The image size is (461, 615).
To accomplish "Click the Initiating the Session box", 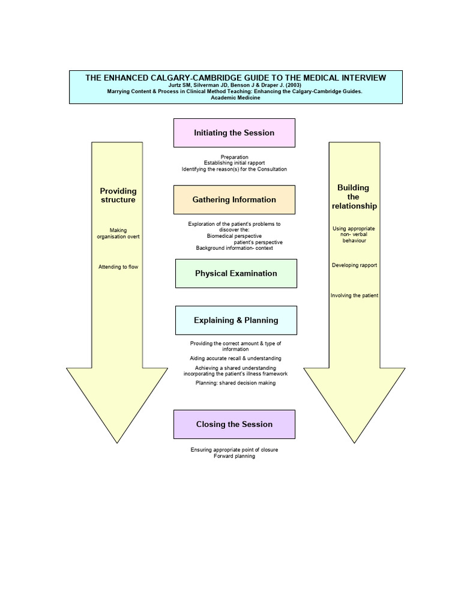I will coord(234,133).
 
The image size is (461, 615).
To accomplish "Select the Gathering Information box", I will coord(234,199).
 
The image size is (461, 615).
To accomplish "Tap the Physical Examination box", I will coord(236,273).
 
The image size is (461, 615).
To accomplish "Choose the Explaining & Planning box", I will coord(236,320).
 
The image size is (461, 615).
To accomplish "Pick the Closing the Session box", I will coord(234,424).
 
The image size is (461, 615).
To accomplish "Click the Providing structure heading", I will coord(118,195).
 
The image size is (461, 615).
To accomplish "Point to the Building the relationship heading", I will coord(354,197).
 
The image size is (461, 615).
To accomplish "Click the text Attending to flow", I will coord(118,267).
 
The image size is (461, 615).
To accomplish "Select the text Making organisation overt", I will coord(118,233).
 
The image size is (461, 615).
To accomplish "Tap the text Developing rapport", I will coord(354,265).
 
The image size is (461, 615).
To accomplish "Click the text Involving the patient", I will coord(354,295).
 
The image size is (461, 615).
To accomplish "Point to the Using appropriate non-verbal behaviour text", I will coord(354,234).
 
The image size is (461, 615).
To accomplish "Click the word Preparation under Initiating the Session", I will coord(234,157).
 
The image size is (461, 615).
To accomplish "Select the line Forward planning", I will coord(234,456).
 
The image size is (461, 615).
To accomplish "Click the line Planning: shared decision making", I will coord(235,383).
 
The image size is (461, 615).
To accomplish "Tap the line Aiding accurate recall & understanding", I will coord(235,358).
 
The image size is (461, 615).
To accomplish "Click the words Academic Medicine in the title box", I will coord(235,98).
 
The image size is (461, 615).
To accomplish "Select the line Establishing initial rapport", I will coord(234,163).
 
